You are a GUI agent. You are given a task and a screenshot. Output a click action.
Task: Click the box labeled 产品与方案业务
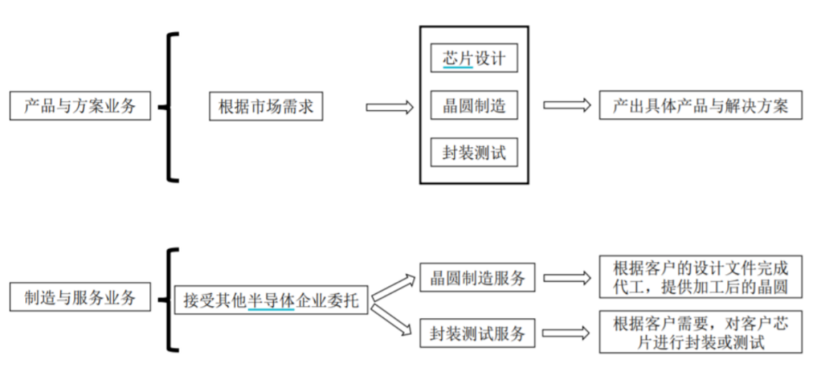coord(80,106)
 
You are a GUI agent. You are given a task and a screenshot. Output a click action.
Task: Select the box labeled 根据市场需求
coord(266,107)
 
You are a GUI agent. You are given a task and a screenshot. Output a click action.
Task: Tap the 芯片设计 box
coord(474,58)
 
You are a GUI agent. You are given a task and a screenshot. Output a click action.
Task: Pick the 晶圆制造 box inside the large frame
coord(474,106)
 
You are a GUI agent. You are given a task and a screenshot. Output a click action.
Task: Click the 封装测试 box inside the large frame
coord(474,154)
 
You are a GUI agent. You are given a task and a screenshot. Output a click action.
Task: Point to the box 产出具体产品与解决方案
coord(701,106)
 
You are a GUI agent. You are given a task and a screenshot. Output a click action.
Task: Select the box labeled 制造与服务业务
coord(80,298)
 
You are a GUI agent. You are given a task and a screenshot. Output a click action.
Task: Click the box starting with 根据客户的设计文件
coord(701,276)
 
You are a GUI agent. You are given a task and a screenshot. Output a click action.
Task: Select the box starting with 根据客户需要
coord(701,332)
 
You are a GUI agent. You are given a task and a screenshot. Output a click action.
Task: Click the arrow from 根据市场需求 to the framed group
coord(390,107)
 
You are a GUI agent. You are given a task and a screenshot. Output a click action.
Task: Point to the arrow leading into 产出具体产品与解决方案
coord(567,106)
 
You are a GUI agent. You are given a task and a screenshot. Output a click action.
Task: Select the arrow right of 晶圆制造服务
coord(567,278)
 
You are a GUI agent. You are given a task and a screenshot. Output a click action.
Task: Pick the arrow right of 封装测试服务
coord(567,333)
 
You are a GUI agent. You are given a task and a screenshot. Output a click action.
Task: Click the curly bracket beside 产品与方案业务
coord(170,107)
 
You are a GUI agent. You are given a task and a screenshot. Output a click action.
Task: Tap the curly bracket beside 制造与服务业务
coord(170,299)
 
